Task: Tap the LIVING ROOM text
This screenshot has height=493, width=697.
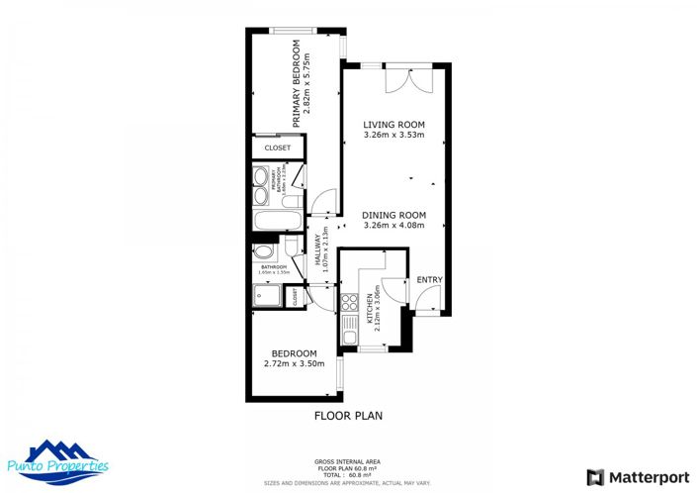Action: [393, 123]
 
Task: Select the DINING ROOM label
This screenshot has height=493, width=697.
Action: [392, 215]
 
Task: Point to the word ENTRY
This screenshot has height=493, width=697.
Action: [429, 280]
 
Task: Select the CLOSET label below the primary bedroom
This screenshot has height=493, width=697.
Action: [278, 148]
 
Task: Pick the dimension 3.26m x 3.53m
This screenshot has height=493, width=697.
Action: [393, 135]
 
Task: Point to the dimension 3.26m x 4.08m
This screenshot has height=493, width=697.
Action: [392, 226]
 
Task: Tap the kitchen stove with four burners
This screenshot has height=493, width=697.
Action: [347, 303]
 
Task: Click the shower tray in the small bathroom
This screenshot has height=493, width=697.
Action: [266, 295]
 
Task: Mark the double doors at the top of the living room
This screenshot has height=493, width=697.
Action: [405, 79]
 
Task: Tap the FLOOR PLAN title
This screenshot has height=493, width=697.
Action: [348, 416]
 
